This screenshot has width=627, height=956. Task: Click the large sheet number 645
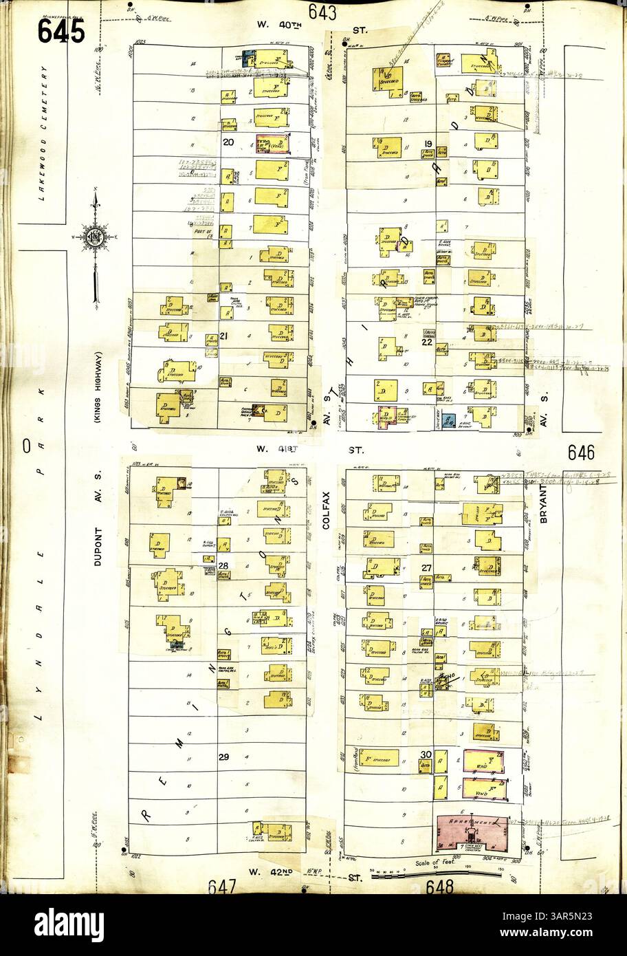[62, 30]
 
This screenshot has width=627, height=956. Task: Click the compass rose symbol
[94, 238]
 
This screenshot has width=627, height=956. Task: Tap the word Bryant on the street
[543, 503]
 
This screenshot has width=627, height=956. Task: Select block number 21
[223, 337]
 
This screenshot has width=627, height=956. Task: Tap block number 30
[426, 754]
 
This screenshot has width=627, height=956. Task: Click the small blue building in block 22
[450, 422]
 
